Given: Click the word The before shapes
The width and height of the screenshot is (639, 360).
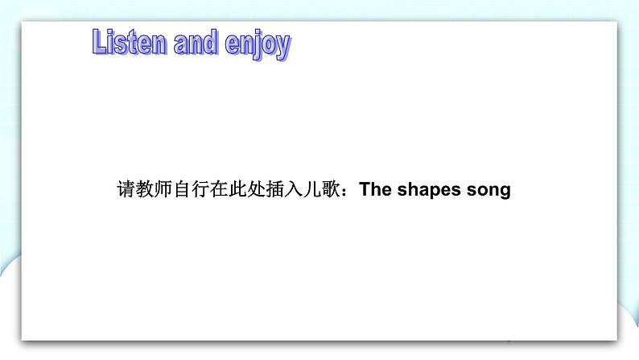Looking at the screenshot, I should [375, 191].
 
